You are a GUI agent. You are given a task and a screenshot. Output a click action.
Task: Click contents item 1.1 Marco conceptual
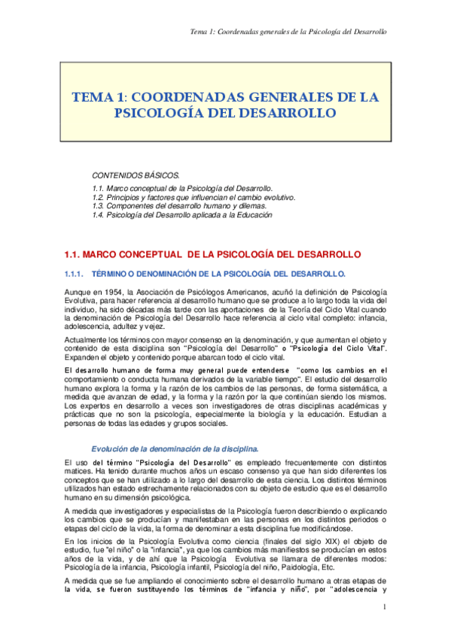(181, 188)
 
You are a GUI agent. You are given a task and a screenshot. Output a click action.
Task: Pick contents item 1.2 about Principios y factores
(193, 197)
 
